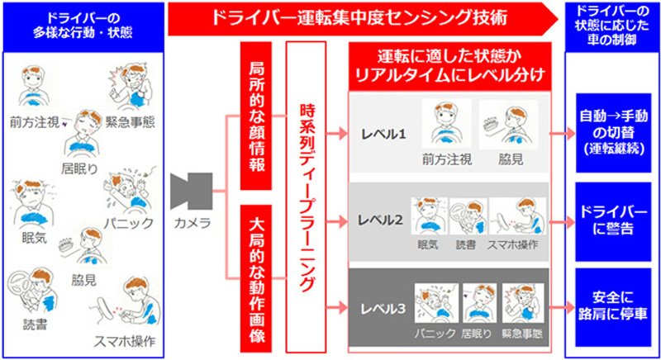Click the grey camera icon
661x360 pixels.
pyautogui.click(x=192, y=192)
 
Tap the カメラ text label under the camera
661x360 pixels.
pyautogui.click(x=193, y=223)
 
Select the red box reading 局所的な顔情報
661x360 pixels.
pyautogui.click(x=256, y=116)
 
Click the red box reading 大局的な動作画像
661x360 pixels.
pyautogui.click(x=256, y=278)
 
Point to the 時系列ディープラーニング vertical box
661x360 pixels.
pyautogui.click(x=306, y=197)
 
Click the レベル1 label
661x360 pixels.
pyautogui.click(x=383, y=135)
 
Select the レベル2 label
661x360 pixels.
pyautogui.click(x=380, y=220)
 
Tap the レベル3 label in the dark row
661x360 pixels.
pyautogui.click(x=383, y=309)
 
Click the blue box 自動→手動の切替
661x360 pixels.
pyautogui.click(x=613, y=133)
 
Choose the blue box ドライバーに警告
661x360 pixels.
pyautogui.click(x=613, y=222)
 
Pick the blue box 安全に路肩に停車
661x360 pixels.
pyautogui.click(x=613, y=307)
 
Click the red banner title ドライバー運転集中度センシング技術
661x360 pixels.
pyautogui.click(x=359, y=18)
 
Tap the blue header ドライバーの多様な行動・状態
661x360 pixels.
pyautogui.click(x=83, y=26)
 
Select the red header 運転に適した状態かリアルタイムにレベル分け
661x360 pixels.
pyautogui.click(x=449, y=66)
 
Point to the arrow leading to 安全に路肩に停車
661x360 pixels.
pyautogui.click(x=563, y=308)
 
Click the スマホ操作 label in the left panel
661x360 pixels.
pyautogui.click(x=125, y=342)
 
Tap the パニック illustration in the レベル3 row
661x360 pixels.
pyautogui.click(x=436, y=303)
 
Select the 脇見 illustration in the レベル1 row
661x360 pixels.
pyautogui.click(x=508, y=124)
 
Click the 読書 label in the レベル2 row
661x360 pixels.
pyautogui.click(x=465, y=245)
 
